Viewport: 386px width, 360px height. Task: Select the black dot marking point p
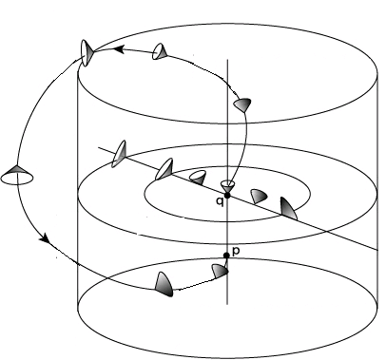click(x=226, y=256)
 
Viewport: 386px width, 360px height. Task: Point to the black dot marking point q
click(x=226, y=194)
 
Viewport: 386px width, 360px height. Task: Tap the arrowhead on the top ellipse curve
click(x=121, y=52)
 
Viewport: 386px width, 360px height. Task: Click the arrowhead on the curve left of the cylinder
click(x=45, y=242)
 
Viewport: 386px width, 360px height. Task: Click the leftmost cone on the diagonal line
click(x=120, y=153)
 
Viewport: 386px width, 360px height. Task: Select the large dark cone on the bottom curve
click(x=164, y=281)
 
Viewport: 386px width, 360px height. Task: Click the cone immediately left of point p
click(x=220, y=271)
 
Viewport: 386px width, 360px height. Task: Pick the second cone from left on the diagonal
click(x=164, y=169)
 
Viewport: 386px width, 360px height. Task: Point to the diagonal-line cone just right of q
click(x=258, y=196)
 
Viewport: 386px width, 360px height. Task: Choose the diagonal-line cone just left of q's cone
click(x=199, y=178)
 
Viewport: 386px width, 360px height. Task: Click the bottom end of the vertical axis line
click(x=226, y=304)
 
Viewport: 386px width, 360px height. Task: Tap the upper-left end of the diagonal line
click(x=98, y=146)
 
